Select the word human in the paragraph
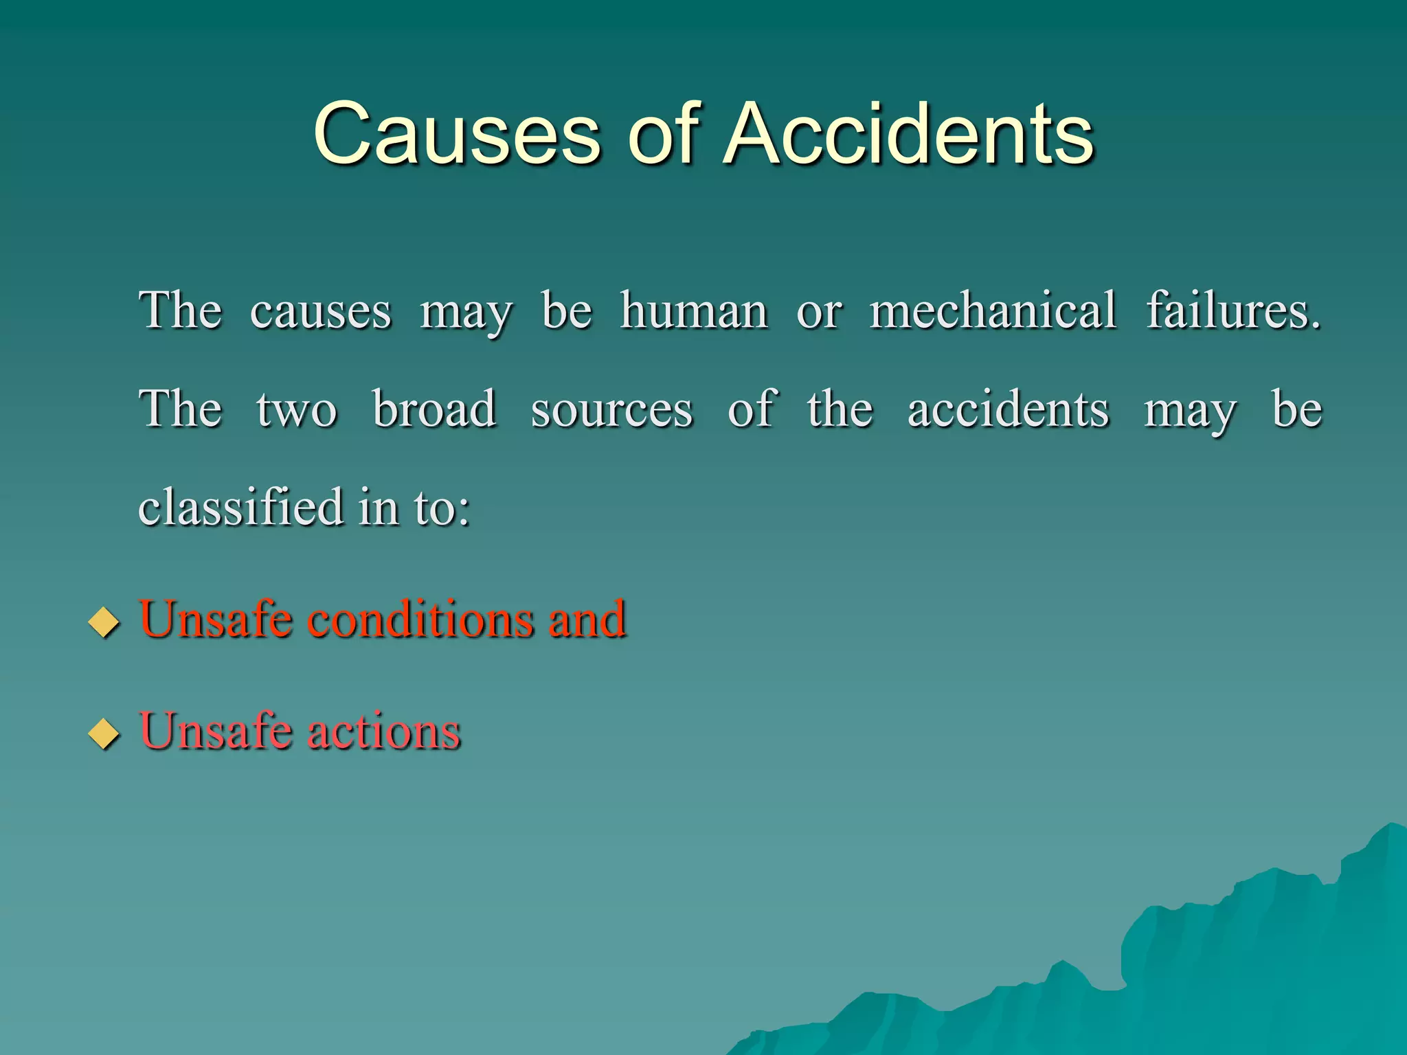click(x=694, y=311)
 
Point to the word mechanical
click(x=993, y=311)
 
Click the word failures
click(x=1233, y=311)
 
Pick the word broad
click(x=434, y=409)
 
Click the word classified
click(x=241, y=507)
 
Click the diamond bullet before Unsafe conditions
click(x=104, y=622)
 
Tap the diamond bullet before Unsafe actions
click(x=104, y=733)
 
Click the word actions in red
click(x=383, y=731)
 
